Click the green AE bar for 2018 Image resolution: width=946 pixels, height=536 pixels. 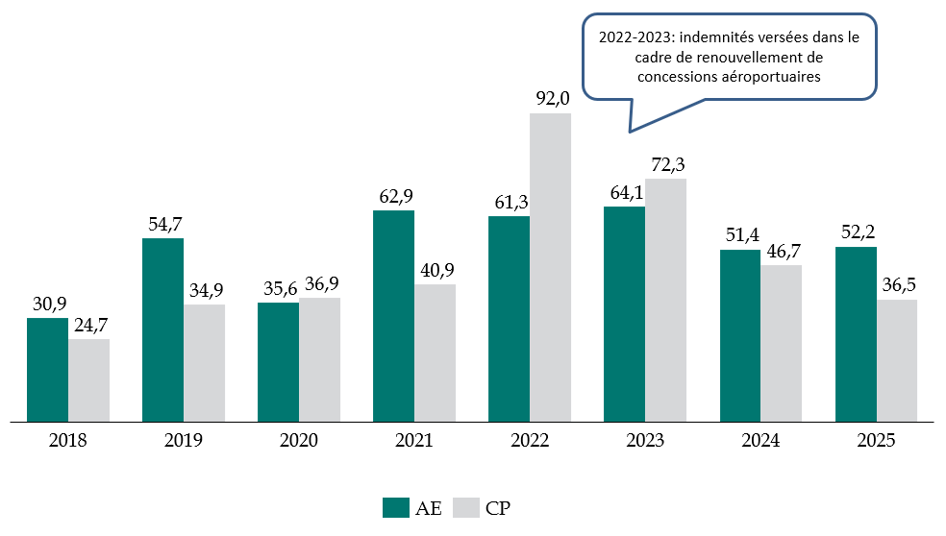[x=47, y=370]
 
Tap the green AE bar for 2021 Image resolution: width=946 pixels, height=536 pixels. [x=393, y=316]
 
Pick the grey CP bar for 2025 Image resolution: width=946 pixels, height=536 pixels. [x=896, y=360]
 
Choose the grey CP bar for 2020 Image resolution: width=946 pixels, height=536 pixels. [x=319, y=359]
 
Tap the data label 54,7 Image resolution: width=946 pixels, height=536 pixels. [x=163, y=224]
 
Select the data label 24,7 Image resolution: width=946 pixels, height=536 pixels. [x=88, y=325]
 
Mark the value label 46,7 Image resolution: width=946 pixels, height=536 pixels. [x=781, y=251]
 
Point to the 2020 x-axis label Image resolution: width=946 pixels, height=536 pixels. [x=299, y=442]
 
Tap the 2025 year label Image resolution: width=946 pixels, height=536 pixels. [x=876, y=442]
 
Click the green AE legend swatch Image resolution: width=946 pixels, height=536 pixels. [x=396, y=508]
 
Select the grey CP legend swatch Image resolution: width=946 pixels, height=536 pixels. [x=464, y=508]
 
